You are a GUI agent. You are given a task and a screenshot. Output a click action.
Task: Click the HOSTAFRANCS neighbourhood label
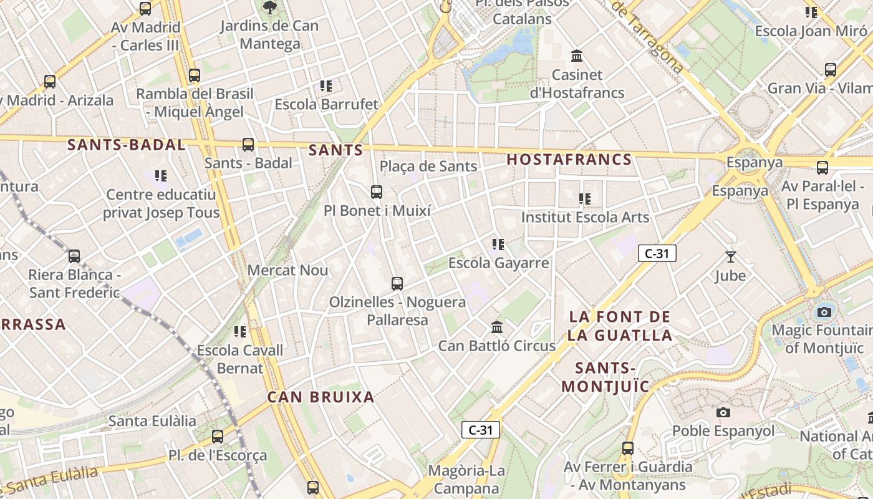point(569,160)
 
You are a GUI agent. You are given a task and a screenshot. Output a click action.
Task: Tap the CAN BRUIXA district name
point(321,397)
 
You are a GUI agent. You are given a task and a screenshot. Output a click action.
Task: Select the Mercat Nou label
point(287,270)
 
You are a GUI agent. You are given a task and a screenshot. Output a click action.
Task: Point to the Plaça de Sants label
point(428,166)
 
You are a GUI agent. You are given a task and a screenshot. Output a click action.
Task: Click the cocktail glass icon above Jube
point(730,256)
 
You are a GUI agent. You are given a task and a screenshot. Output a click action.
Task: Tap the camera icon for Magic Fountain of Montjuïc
point(824,311)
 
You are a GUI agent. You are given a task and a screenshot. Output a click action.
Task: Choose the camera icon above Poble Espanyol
point(723,412)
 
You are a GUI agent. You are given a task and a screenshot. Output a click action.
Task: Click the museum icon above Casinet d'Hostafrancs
point(577,56)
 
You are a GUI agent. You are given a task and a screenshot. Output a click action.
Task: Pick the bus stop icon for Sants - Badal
point(248,145)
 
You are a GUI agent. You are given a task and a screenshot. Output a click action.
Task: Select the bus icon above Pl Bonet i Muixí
point(377,192)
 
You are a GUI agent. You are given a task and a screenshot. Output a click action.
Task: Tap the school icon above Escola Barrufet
point(326,85)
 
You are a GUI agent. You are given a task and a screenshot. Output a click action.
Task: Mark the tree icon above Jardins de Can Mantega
point(270,7)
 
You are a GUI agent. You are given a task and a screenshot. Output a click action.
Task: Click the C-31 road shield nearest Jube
point(657,253)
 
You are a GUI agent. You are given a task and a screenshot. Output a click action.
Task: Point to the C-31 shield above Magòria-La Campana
point(481,430)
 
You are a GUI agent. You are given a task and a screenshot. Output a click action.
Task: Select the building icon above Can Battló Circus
point(497,327)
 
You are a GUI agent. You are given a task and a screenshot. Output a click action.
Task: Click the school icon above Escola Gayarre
point(498,245)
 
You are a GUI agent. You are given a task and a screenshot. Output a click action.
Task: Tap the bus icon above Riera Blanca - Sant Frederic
point(74,256)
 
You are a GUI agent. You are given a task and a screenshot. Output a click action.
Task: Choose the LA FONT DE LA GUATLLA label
point(619,326)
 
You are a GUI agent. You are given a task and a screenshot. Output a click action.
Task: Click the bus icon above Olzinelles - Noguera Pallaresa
point(397,284)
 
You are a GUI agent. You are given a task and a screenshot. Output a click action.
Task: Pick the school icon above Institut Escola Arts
point(585,199)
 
